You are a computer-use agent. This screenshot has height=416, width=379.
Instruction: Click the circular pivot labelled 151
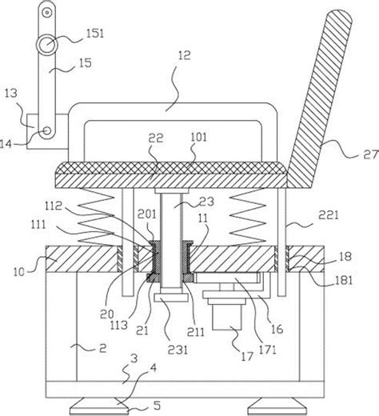click(x=48, y=43)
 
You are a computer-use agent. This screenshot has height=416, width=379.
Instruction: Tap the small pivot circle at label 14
click(x=47, y=131)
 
